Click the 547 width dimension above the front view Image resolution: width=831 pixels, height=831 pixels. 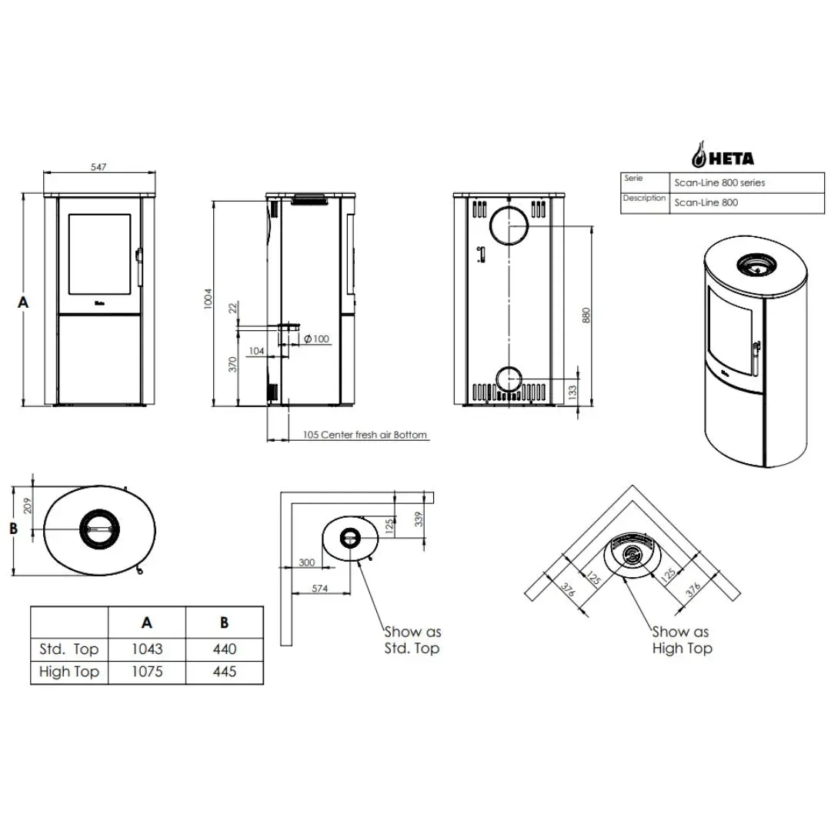point(98,167)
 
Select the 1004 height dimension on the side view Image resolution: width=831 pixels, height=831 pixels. point(209,299)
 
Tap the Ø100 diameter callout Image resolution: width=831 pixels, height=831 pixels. point(317,339)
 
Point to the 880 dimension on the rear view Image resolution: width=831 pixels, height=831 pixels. point(586,315)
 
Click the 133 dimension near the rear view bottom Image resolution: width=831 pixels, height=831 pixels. point(572,392)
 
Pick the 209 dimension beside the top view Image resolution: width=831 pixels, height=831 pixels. point(28,506)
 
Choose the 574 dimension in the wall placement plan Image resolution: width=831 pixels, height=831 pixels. point(319,589)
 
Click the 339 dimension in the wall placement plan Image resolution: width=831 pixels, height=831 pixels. point(419,519)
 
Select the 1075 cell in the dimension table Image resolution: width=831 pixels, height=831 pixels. point(147,672)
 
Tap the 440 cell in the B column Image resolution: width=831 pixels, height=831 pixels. point(225,649)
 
